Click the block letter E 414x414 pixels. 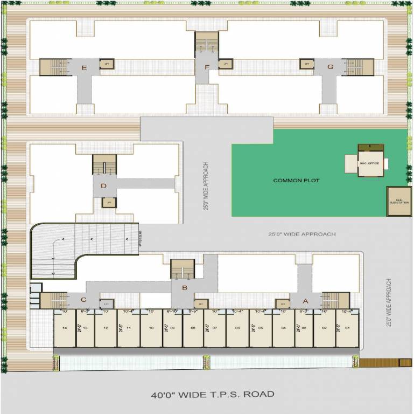[x=84, y=67]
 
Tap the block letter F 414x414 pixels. [x=207, y=67]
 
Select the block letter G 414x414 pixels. [x=331, y=67]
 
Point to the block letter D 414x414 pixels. [x=104, y=187]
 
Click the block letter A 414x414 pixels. [x=306, y=301]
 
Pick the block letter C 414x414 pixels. [x=83, y=300]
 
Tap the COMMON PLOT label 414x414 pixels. [x=296, y=181]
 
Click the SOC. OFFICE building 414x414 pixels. [x=371, y=162]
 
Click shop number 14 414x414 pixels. [x=64, y=328]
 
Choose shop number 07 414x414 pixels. [x=214, y=328]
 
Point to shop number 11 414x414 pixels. [x=129, y=328]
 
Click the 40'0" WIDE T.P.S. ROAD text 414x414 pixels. [x=212, y=394]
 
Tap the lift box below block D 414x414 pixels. [x=109, y=203]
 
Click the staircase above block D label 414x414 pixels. [x=104, y=164]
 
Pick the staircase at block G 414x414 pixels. [x=357, y=67]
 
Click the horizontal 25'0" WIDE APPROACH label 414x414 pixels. [x=302, y=234]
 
